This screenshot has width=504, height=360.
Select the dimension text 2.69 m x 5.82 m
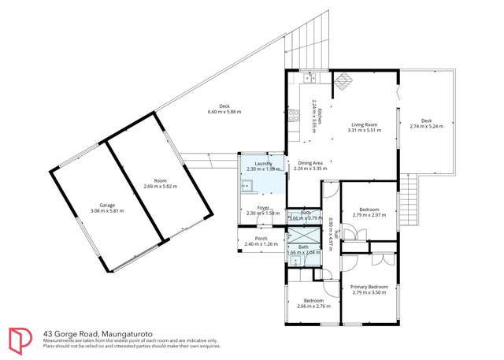click(x=161, y=187)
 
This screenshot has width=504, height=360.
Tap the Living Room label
click(x=365, y=124)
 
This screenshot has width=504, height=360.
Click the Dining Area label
click(x=309, y=162)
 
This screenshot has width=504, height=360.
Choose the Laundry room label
click(x=258, y=164)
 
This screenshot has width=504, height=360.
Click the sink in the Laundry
click(x=246, y=187)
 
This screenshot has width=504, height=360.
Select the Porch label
click(x=260, y=239)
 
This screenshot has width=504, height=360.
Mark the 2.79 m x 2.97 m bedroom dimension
click(x=368, y=214)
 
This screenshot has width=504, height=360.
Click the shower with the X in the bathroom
click(x=303, y=236)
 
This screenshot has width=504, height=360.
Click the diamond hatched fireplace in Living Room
click(x=343, y=79)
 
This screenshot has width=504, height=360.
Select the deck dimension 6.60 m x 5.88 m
click(x=224, y=112)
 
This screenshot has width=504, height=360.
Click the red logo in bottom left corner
click(x=20, y=340)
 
